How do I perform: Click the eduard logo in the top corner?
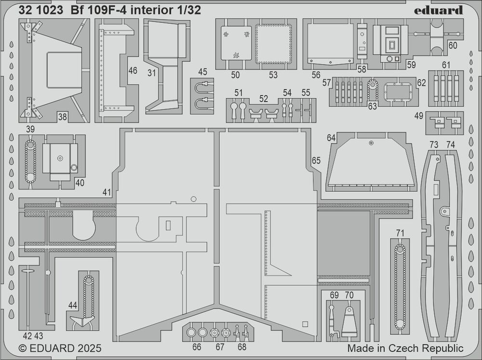[445, 10]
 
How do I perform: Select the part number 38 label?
[62, 116]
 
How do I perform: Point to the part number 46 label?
[133, 71]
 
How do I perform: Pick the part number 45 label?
[202, 72]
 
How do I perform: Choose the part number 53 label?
[273, 75]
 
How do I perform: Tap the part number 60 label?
[453, 45]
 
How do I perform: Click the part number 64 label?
[331, 138]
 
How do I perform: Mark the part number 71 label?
[400, 233]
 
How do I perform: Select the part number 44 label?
[72, 305]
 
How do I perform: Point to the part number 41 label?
[107, 192]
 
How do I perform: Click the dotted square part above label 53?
[273, 43]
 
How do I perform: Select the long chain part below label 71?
[400, 287]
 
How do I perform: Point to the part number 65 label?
[316, 161]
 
